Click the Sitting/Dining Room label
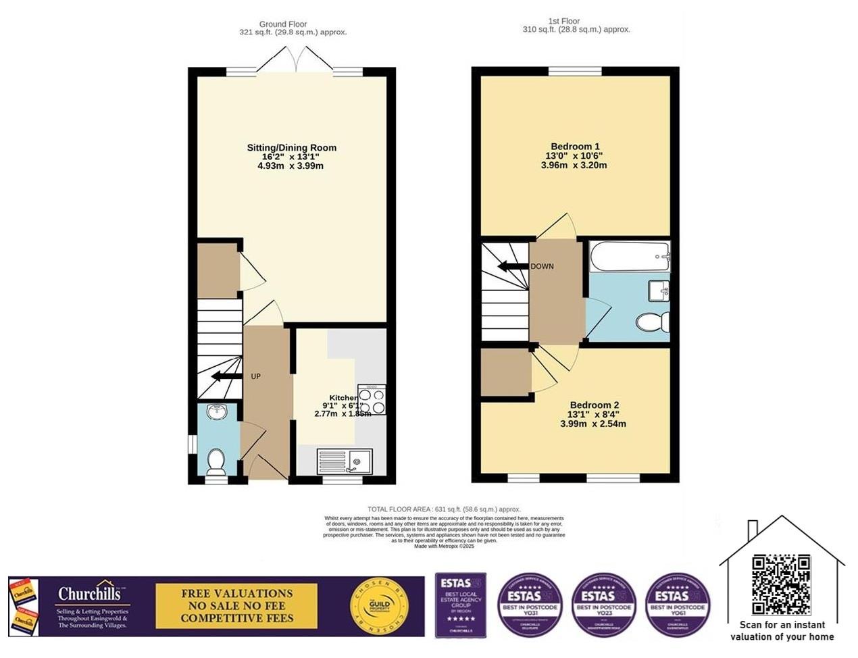click(x=291, y=148)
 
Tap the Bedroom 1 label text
click(x=575, y=147)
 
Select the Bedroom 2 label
click(x=594, y=405)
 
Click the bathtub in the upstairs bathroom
click(x=628, y=257)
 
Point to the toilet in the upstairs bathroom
click(x=653, y=322)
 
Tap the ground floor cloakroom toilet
click(x=216, y=462)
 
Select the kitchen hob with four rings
click(x=372, y=399)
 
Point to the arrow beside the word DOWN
click(x=512, y=266)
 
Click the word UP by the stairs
click(x=255, y=376)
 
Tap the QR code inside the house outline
click(x=781, y=584)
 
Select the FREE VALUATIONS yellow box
click(x=236, y=606)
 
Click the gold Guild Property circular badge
click(x=381, y=606)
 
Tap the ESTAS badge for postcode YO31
click(x=530, y=605)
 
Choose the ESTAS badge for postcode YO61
click(x=677, y=605)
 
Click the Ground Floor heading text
click(x=283, y=24)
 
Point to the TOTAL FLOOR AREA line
click(x=444, y=509)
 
